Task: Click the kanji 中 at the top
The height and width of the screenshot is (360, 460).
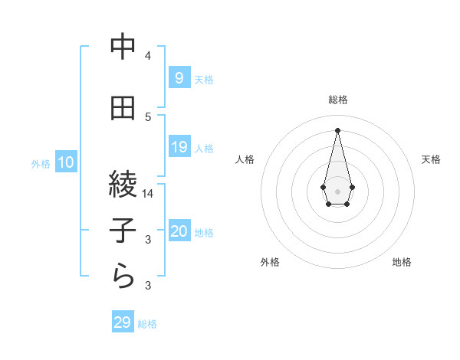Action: point(123,48)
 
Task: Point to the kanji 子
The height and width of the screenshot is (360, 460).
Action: point(123,232)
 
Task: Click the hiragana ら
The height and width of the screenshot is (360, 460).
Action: point(123,278)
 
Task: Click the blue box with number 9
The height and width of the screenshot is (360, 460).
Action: point(179,77)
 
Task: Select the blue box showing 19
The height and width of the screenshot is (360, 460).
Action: point(179,147)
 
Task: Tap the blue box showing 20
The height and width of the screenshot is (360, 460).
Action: point(179,232)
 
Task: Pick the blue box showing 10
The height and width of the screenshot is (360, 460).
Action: point(65,162)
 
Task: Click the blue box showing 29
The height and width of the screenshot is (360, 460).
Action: point(123,322)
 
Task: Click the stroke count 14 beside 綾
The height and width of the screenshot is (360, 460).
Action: point(148,195)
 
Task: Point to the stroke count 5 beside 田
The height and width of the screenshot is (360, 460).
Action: point(148,117)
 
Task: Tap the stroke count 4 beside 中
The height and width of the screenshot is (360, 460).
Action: point(148,56)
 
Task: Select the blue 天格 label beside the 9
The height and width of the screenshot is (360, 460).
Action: point(204,79)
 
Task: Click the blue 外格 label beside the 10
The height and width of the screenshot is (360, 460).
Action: point(41,163)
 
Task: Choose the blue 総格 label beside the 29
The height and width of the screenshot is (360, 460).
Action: point(147,324)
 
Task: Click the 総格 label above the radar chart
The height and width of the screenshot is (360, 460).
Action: point(338,100)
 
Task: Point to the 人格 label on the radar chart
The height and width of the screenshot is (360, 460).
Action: point(245,159)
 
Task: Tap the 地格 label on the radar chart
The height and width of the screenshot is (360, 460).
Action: point(402,263)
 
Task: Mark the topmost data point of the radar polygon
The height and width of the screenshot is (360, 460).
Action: point(338,129)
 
